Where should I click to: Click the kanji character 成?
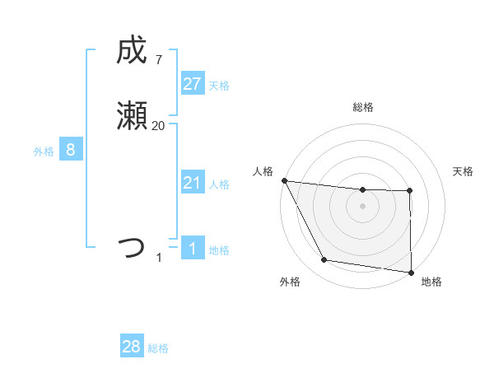pos(132,52)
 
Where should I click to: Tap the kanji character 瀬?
pos(132,118)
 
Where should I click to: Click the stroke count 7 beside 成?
pos(158,59)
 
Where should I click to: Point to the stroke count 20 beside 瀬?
pos(158,125)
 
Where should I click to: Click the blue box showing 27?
pos(192,84)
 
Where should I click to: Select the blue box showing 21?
pos(192,183)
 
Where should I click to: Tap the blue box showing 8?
pos(71,150)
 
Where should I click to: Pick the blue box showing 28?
pos(132,347)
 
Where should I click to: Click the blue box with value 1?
pos(192,248)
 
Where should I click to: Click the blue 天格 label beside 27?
pos(219,86)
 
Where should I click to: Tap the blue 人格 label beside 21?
pos(219,184)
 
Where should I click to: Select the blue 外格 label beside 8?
pos(44,152)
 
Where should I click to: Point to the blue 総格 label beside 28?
pos(158,348)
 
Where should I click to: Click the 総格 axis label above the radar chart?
pos(362,107)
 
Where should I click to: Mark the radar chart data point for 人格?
pos(284,180)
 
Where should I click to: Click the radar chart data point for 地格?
pos(411,272)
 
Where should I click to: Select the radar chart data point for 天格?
pos(410,191)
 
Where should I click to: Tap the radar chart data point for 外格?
pos(324,260)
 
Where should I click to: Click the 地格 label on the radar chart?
pos(431,282)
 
